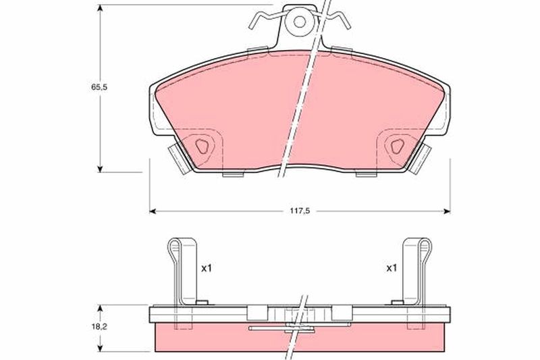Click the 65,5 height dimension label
pyautogui.click(x=99, y=87)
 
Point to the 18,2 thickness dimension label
pyautogui.click(x=99, y=327)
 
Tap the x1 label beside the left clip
pyautogui.click(x=207, y=268)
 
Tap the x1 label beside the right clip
pyautogui.click(x=391, y=267)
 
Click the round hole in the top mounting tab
pyautogui.click(x=300, y=22)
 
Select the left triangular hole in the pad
pyautogui.click(x=202, y=147)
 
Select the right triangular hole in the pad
pyautogui.click(x=397, y=147)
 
